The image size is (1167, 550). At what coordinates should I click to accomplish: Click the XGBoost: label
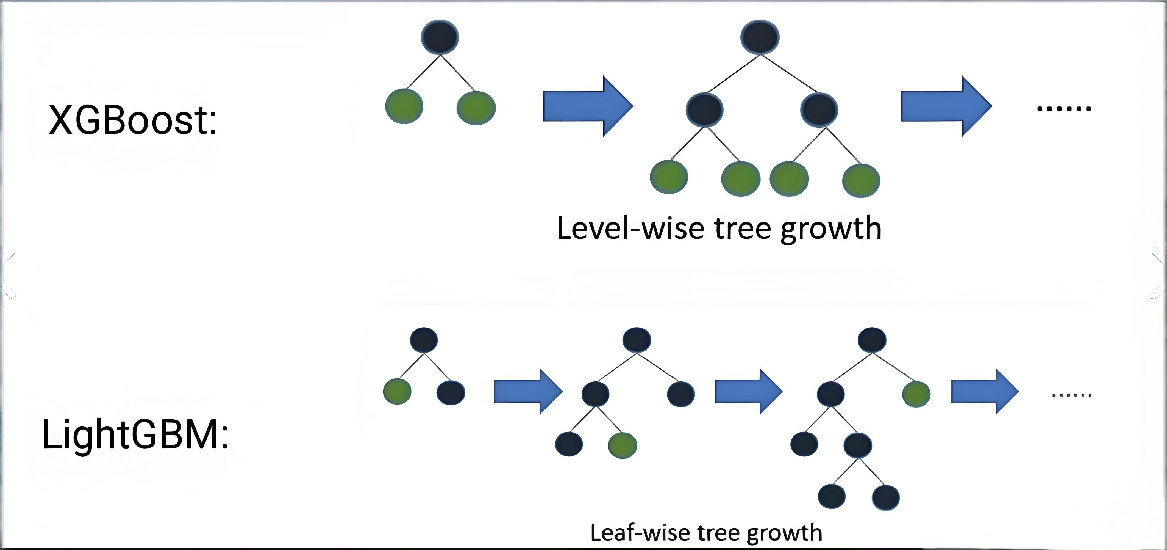[x=132, y=120]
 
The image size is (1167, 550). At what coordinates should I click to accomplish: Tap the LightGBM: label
[x=135, y=435]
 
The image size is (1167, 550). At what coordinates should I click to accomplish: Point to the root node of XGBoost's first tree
[x=440, y=37]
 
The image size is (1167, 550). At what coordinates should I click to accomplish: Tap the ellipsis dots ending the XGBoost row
[x=1064, y=108]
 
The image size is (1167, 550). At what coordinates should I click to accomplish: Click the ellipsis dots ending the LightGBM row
[x=1071, y=395]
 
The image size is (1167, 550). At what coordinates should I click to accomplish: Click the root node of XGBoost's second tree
[x=760, y=37]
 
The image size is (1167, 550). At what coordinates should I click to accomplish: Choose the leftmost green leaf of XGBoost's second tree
[x=669, y=177]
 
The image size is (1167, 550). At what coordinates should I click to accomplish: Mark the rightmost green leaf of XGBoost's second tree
[x=861, y=180]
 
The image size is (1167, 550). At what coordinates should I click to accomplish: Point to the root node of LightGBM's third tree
[x=872, y=340]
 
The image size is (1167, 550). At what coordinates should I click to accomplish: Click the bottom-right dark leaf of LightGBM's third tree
[x=886, y=497]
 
